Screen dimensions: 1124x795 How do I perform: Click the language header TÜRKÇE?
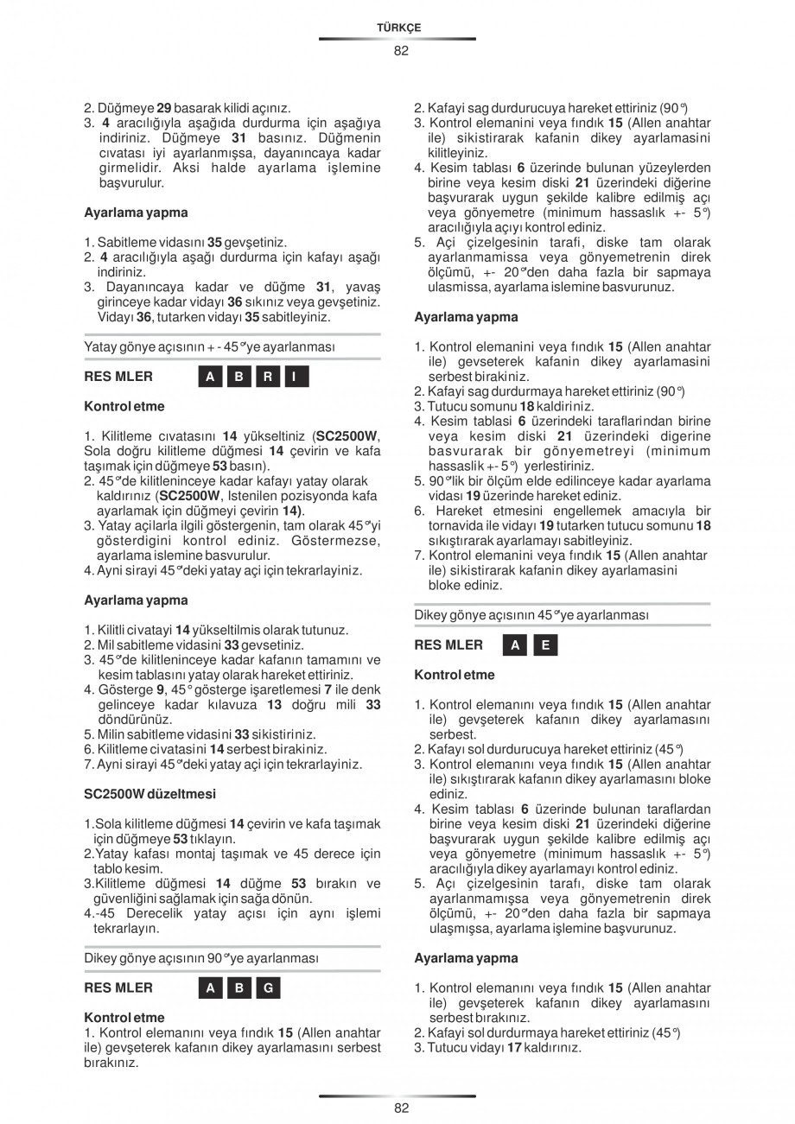[398, 28]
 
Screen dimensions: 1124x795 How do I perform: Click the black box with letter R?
[268, 377]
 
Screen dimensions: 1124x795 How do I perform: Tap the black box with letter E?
[545, 645]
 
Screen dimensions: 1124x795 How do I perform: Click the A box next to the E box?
[516, 645]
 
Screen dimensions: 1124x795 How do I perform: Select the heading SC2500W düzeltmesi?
[149, 793]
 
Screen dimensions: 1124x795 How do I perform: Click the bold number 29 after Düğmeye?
[163, 109]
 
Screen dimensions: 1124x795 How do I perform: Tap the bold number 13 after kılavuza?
[275, 705]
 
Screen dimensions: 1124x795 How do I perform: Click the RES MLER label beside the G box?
[118, 988]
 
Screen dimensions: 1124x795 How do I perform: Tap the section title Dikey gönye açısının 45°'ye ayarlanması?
[531, 615]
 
